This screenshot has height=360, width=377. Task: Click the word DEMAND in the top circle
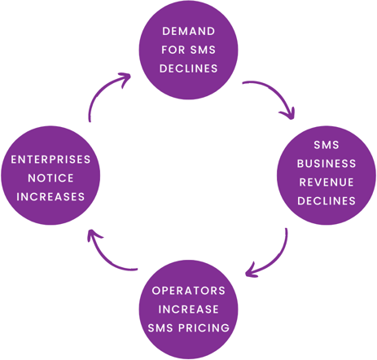[189, 31]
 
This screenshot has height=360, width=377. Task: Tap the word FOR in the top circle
[173, 50]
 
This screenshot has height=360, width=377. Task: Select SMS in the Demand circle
[203, 50]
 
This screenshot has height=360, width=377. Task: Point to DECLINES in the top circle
[189, 68]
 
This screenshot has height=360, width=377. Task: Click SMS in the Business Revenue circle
[327, 145]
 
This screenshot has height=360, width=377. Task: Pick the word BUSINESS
[327, 164]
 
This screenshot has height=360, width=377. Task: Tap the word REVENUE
[327, 182]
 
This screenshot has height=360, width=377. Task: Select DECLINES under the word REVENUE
[327, 201]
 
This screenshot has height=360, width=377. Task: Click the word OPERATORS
[189, 291]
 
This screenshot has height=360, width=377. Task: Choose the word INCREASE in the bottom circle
[189, 310]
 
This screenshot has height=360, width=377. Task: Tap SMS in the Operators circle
[160, 328]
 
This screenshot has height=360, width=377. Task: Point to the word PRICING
[204, 328]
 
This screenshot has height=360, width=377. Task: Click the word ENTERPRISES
[50, 160]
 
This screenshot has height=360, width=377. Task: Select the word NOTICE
[50, 178]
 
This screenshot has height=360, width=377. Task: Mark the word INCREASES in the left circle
[50, 197]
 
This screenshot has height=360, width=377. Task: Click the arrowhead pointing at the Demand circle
[126, 78]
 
